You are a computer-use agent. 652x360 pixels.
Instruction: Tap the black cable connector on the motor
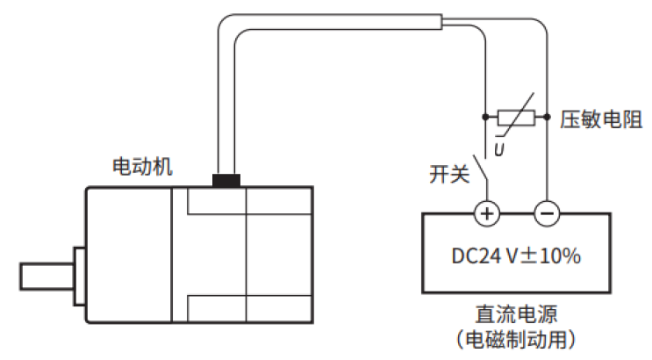226,181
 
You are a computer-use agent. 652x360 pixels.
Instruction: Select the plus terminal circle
487,212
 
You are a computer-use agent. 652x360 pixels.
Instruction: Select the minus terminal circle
546,212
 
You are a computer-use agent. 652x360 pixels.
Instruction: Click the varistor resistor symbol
517,116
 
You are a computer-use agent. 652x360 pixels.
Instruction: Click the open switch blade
481,169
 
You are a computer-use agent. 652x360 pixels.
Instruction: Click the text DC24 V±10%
516,256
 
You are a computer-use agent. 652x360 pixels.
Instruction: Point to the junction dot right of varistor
546,116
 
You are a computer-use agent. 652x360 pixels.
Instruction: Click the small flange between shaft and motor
78,275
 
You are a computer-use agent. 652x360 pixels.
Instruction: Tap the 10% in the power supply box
560,256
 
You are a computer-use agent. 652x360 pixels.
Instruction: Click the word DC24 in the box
476,256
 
